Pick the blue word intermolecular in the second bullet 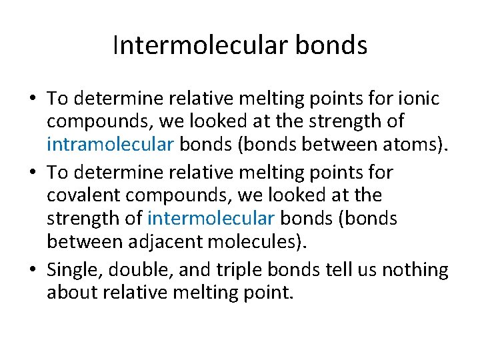tap(211, 219)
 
